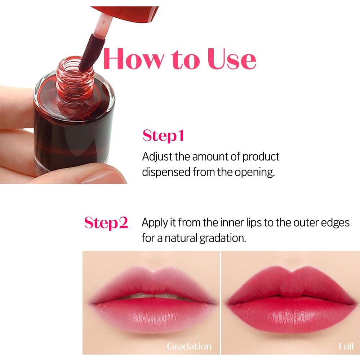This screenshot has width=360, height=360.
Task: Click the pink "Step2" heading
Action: coord(106,223)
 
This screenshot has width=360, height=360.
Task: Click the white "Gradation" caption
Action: coord(189,346)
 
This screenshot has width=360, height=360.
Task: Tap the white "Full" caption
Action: coord(346,346)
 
